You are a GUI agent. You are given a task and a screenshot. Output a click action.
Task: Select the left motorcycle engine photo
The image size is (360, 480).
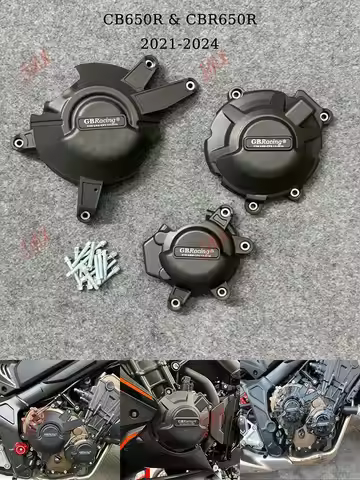(59, 420)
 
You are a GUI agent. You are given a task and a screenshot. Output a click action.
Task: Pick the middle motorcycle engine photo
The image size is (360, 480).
(179, 420)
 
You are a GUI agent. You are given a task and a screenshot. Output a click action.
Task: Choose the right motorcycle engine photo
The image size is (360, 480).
(299, 420)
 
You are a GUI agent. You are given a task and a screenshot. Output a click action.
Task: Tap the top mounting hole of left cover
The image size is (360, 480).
(149, 63)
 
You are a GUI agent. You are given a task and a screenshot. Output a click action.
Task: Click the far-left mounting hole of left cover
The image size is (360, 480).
(18, 143)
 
